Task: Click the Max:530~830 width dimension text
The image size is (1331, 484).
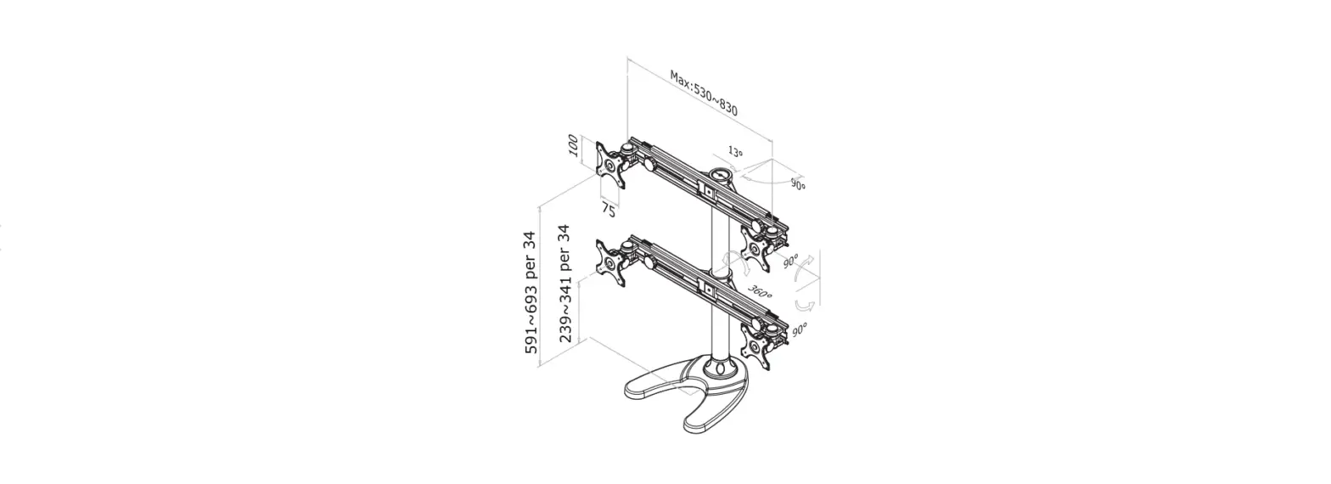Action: [703, 93]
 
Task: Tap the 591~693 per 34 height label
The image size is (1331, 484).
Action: [531, 292]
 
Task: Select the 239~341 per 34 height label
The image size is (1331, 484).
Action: [564, 284]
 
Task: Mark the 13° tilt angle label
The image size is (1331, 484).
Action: [735, 153]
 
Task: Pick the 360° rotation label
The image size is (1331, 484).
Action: [760, 292]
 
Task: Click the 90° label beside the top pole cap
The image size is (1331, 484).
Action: [798, 184]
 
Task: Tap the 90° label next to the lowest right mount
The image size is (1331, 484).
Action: [799, 329]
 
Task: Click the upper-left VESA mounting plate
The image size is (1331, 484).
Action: [611, 165]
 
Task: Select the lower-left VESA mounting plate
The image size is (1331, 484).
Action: [611, 265]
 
